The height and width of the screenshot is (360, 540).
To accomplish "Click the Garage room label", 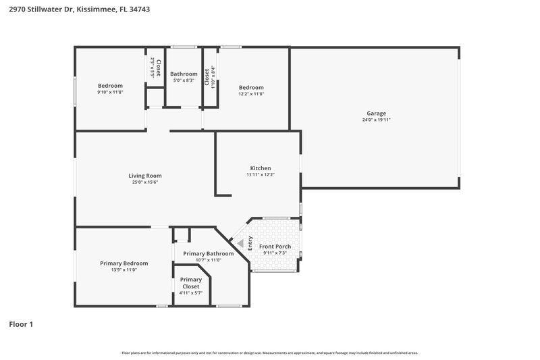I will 376,113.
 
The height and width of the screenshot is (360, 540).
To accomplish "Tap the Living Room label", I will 145,176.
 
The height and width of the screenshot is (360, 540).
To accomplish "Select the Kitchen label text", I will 261,168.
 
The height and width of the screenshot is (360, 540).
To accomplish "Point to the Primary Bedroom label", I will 124,263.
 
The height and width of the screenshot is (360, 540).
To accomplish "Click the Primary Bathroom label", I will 208,253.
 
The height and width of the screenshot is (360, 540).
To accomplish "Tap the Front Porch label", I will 275,247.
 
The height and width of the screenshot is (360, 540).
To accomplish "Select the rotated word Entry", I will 250,243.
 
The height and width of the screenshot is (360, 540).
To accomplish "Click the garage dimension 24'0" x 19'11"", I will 376,120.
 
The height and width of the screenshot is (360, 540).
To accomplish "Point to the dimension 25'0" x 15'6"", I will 145,182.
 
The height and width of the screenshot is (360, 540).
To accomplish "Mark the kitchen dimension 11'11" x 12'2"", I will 261,175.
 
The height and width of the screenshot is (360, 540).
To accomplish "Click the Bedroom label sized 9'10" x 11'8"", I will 110,86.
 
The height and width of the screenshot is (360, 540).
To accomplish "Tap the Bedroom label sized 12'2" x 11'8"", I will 251,87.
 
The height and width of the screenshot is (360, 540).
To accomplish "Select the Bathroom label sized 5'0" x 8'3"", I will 184,74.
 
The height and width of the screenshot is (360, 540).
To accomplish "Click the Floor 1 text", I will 20,324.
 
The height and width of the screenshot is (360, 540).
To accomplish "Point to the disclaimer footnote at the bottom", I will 269,353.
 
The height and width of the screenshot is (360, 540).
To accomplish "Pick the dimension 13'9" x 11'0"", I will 124,269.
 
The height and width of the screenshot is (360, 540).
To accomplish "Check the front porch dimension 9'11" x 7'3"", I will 275,253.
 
